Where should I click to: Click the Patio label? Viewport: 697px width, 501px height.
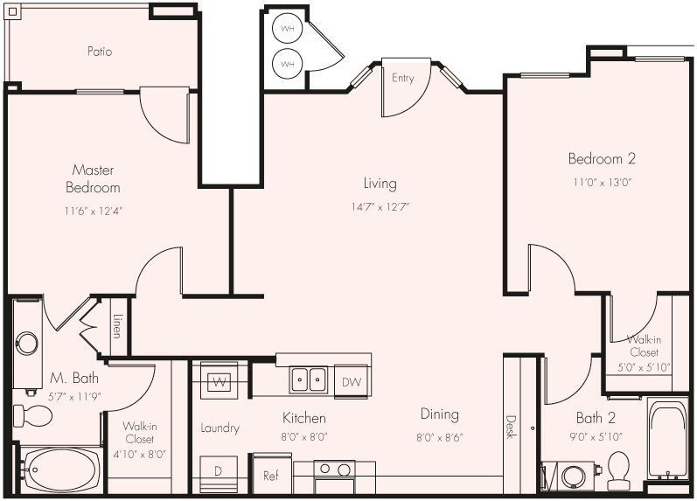[x=100, y=52]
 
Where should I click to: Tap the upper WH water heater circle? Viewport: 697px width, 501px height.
[x=287, y=29]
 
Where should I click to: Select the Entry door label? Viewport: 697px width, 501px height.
[x=402, y=79]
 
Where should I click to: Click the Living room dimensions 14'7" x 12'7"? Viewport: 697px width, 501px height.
[x=380, y=207]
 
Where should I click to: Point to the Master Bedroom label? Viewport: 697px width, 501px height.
[x=93, y=178]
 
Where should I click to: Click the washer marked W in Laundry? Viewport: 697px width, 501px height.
[x=219, y=381]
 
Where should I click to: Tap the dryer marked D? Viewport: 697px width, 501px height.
[x=219, y=472]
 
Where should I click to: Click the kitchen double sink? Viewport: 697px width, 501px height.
[x=309, y=379]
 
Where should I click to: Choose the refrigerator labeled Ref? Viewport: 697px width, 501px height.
[x=271, y=476]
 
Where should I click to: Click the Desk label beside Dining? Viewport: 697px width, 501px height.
[x=511, y=426]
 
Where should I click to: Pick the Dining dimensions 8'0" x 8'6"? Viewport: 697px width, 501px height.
[x=439, y=436]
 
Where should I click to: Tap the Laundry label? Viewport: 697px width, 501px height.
[x=220, y=428]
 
